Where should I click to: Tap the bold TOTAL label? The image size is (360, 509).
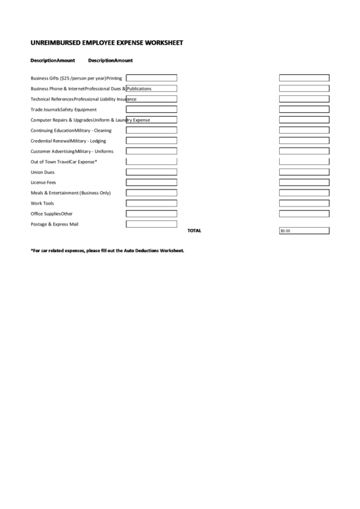(194, 230)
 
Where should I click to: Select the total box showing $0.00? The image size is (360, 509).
(304, 230)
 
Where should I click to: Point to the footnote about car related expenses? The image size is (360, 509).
(107, 250)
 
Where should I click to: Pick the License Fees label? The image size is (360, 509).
(43, 182)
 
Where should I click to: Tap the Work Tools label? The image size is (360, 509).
(43, 203)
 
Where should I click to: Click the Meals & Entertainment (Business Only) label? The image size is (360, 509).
(71, 193)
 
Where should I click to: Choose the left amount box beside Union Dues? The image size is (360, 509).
(151, 172)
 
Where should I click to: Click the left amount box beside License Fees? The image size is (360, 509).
(151, 182)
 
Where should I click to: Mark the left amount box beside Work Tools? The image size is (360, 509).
(151, 203)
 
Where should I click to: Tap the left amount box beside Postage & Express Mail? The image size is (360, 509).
(151, 224)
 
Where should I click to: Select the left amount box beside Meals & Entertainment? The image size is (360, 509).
(151, 193)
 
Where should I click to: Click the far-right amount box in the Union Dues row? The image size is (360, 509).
(304, 172)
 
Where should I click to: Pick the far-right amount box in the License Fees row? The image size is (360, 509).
(304, 182)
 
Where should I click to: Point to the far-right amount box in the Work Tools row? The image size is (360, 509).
(304, 203)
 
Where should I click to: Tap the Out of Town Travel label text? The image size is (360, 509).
(50, 162)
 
